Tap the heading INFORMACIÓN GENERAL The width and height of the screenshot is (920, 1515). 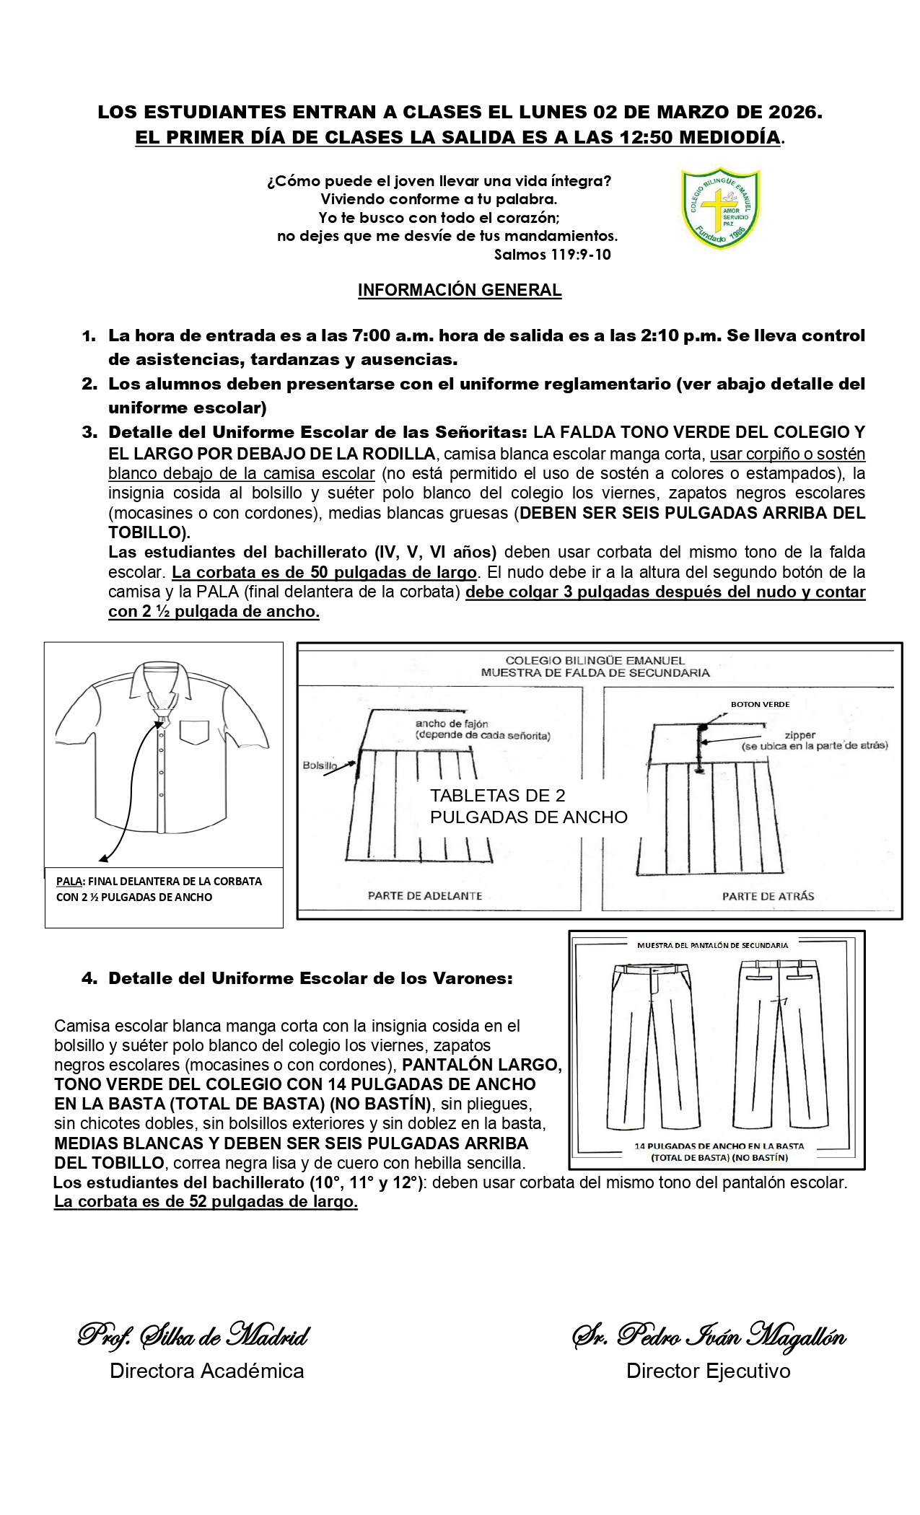pos(460,290)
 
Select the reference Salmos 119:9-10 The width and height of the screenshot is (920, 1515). pos(552,255)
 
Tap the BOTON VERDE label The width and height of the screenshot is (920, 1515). pos(750,703)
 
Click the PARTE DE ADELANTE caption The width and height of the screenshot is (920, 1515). pos(425,896)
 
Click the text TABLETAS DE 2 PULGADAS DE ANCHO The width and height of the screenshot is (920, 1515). pos(528,806)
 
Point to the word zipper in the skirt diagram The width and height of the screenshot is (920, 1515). pos(800,736)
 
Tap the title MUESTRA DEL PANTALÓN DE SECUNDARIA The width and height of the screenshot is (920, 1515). pos(712,944)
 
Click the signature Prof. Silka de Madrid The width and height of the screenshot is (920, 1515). pos(193,1336)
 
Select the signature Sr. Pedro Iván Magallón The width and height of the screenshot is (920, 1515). pos(709,1336)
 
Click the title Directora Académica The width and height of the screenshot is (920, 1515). pos(206,1371)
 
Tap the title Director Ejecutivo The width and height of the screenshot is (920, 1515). pos(708,1371)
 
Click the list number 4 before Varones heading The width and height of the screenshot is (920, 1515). pos(89,979)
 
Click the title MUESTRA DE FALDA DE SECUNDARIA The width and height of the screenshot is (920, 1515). pos(595,672)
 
